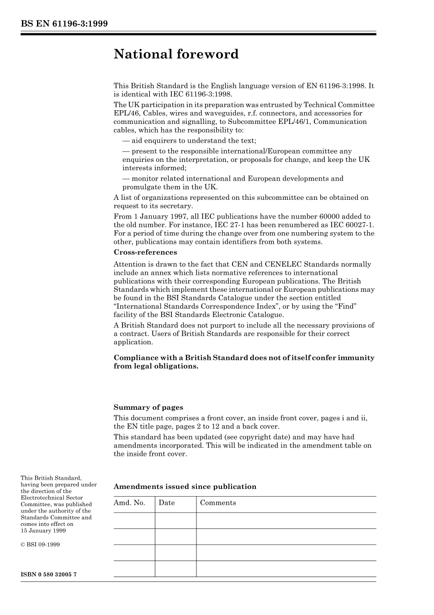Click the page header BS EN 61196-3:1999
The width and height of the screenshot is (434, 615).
click(64, 24)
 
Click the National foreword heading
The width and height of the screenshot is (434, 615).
click(176, 54)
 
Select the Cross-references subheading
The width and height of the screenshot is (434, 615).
click(145, 252)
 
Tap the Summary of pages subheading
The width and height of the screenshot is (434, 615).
click(148, 407)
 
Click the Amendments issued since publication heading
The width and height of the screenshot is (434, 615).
click(185, 487)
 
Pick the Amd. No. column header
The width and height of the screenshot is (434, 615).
click(129, 503)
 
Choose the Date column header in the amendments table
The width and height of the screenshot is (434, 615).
click(167, 503)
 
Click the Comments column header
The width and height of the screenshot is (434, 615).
click(218, 503)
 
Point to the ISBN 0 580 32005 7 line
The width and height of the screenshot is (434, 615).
click(48, 574)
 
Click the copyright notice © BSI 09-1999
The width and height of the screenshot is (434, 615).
click(40, 545)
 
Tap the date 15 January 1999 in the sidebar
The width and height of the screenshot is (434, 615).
click(43, 531)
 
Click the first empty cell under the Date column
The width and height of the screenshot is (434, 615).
click(175, 520)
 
